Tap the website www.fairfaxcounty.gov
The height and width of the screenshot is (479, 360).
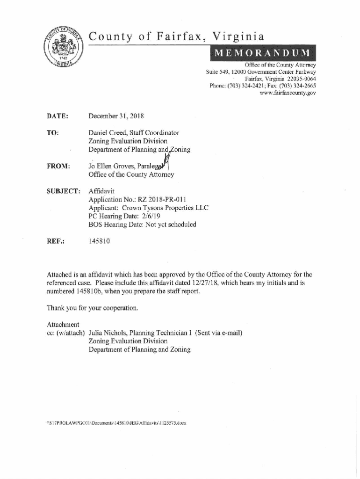(x=288, y=93)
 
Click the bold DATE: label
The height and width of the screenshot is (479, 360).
(x=58, y=116)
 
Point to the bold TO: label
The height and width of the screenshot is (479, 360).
(x=52, y=133)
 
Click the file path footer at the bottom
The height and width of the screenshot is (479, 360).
(x=116, y=422)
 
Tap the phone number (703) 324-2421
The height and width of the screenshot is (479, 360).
(x=253, y=86)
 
